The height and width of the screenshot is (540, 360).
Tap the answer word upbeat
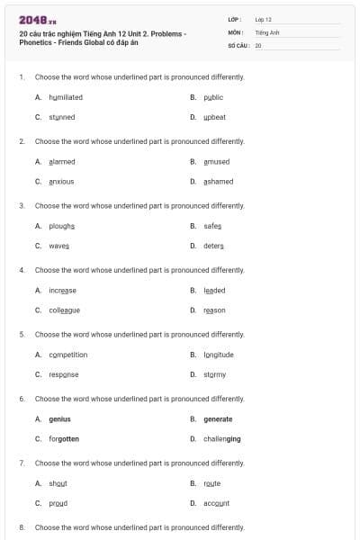215,117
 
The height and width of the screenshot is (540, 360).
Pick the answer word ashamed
219,181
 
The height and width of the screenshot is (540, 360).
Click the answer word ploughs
62,225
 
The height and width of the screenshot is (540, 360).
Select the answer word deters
213,246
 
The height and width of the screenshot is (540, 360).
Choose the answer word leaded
214,290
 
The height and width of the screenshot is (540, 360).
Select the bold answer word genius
59,418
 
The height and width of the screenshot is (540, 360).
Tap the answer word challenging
222,438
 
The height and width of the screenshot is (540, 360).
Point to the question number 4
22,270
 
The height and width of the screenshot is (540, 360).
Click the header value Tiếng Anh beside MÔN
267,31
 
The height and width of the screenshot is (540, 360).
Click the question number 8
22,526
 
